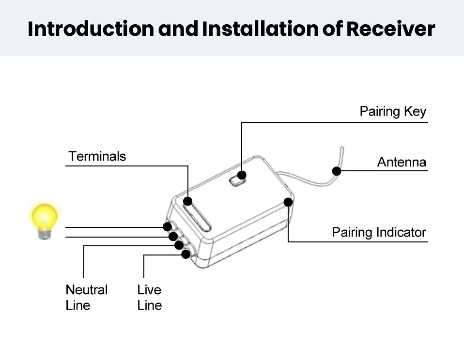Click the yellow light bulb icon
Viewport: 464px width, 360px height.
[x=45, y=221]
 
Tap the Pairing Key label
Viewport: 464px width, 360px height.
[x=393, y=112]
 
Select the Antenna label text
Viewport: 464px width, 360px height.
[x=402, y=162]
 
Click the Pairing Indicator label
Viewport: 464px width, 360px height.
[x=379, y=232]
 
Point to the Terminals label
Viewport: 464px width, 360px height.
[x=97, y=156]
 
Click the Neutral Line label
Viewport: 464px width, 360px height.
[x=86, y=298]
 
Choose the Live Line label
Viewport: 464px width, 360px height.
[x=150, y=298]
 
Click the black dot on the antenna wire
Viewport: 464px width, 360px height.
[x=337, y=171]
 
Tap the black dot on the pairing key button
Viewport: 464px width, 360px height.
[x=242, y=175]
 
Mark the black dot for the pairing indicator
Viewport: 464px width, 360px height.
[x=288, y=202]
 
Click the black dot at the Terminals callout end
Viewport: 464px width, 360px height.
[x=187, y=201]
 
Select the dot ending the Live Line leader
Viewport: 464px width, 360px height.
[x=186, y=254]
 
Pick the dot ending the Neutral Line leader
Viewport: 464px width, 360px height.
[x=179, y=245]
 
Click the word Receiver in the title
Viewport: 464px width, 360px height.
[x=390, y=29]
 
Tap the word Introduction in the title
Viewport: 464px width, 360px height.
[x=91, y=29]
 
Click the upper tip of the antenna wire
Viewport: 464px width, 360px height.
[x=342, y=148]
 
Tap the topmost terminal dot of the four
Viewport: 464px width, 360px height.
[x=167, y=227]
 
